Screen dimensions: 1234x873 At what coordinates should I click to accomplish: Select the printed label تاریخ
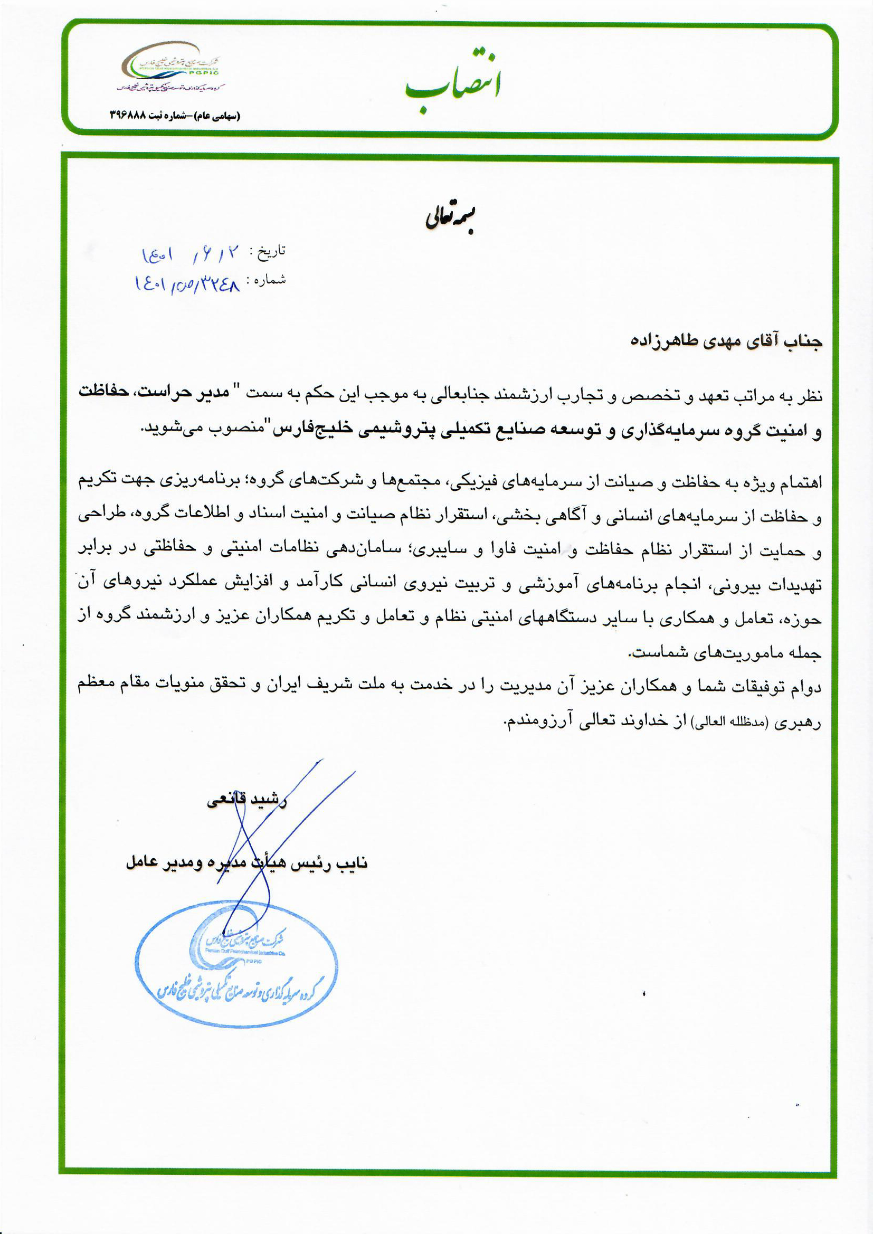(x=271, y=251)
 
